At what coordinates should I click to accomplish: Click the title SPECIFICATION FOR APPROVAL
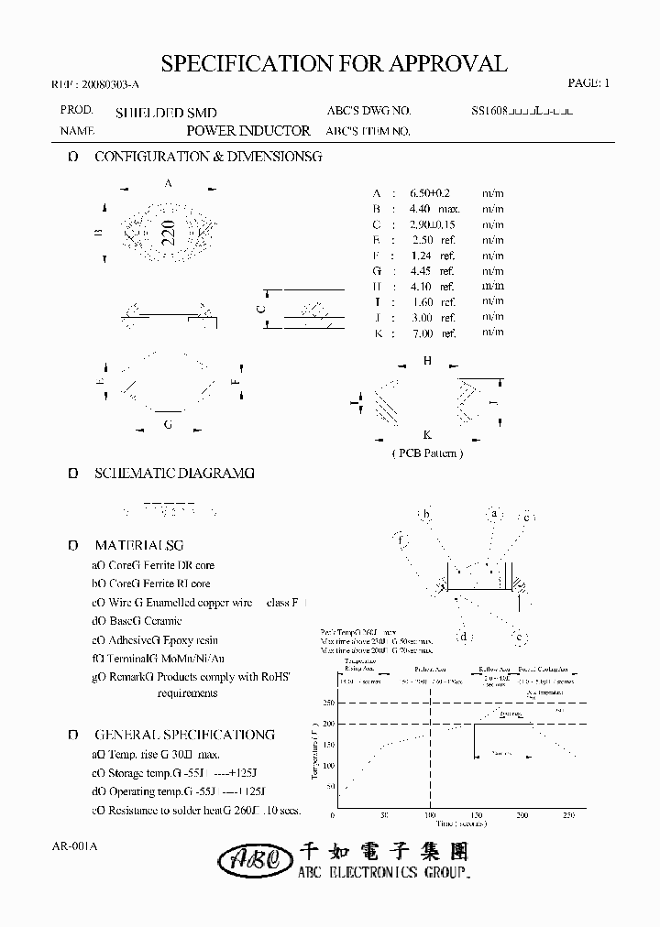(x=334, y=63)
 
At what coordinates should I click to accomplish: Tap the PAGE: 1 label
(x=588, y=83)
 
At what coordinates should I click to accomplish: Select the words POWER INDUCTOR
(x=248, y=131)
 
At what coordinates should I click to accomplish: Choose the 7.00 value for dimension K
(x=423, y=333)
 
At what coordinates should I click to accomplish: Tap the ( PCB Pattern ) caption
(x=427, y=453)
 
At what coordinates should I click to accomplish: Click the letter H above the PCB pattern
(x=427, y=361)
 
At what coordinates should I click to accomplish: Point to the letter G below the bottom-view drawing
(x=168, y=425)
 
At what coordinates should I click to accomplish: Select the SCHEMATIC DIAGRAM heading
(x=174, y=474)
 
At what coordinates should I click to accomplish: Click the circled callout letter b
(x=425, y=515)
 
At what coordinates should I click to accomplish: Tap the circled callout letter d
(x=465, y=637)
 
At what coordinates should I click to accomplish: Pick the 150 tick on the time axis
(x=475, y=814)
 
